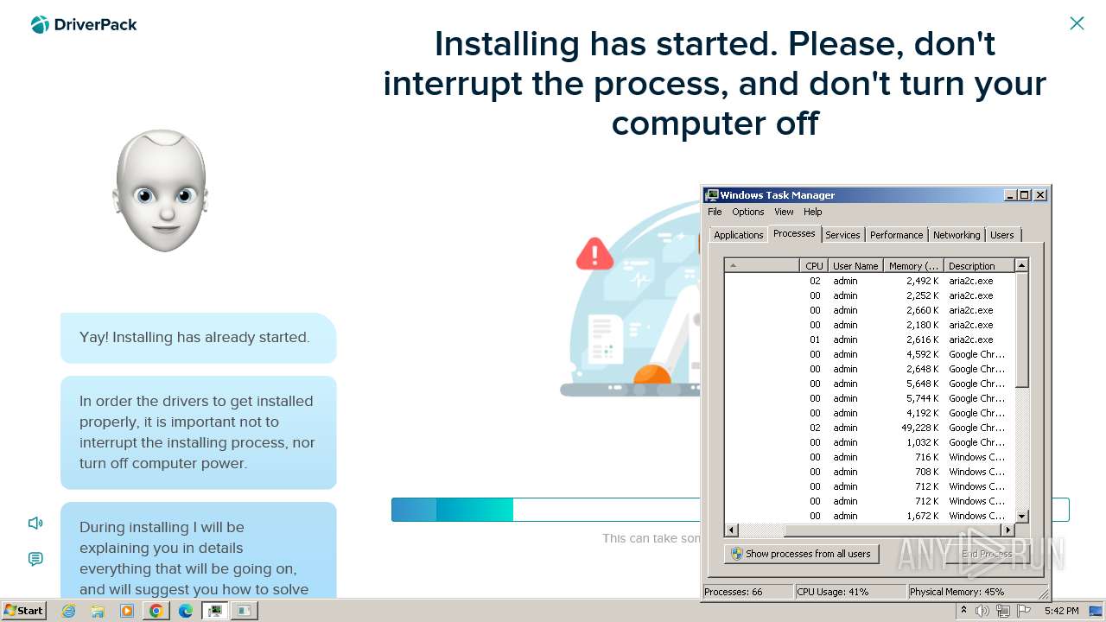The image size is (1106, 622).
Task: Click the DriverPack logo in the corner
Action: [x=84, y=25]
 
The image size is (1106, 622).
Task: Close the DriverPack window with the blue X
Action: [x=1077, y=23]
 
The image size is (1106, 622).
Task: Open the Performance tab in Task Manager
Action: [x=896, y=235]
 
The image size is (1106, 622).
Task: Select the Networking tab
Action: [x=957, y=235]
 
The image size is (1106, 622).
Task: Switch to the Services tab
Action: [x=842, y=235]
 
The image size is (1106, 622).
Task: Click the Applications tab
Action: [x=738, y=235]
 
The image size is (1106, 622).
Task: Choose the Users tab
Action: [x=1002, y=235]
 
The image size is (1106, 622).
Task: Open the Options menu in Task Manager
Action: [x=747, y=212]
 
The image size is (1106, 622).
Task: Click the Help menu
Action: [x=812, y=212]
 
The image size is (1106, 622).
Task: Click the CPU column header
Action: [x=814, y=266]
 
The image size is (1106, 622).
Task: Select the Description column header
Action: [x=972, y=266]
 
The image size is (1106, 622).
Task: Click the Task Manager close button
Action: [x=1040, y=195]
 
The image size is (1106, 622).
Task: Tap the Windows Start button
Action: [x=23, y=611]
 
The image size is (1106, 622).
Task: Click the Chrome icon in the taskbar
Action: [x=156, y=611]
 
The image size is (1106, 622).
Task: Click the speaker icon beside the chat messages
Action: [x=35, y=523]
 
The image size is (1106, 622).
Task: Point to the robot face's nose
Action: [x=162, y=212]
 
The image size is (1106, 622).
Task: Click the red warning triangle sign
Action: [x=594, y=254]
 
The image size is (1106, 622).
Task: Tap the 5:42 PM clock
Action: [x=1061, y=611]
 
